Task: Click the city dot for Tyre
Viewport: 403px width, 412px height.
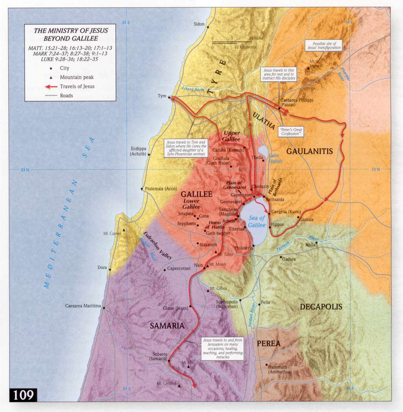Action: click(169, 97)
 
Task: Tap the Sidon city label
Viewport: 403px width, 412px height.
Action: click(199, 24)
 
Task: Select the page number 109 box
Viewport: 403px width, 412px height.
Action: click(23, 395)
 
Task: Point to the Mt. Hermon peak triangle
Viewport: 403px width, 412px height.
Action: click(308, 68)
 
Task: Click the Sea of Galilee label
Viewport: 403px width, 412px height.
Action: click(257, 221)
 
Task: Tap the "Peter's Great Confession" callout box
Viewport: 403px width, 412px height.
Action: click(290, 131)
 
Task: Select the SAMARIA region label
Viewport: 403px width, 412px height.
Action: click(167, 326)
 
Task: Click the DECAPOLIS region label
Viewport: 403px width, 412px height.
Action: click(321, 307)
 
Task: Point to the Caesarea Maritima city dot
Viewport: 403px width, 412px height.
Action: click(104, 308)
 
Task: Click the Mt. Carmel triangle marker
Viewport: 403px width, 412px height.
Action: click(124, 230)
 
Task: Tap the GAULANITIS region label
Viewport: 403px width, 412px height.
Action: click(309, 151)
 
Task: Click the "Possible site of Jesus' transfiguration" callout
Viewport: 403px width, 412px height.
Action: click(324, 46)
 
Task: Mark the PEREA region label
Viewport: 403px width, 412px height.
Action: click(268, 344)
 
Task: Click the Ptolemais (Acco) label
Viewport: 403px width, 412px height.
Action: click(161, 189)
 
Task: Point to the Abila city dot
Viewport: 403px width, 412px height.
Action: click(316, 242)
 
